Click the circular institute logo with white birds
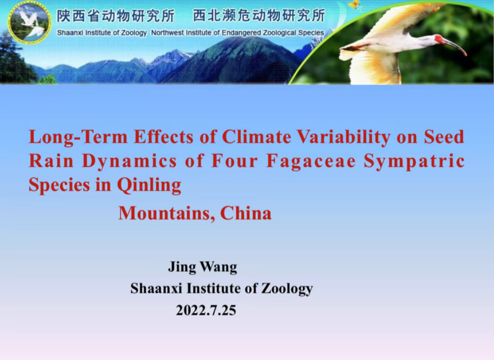click(29, 22)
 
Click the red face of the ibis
click(439, 39)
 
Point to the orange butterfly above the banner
click(354, 4)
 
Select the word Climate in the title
click(256, 137)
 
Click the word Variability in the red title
click(344, 138)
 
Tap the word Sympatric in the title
click(414, 162)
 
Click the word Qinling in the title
click(149, 186)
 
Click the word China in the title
click(246, 214)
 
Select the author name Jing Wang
click(202, 267)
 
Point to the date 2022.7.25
click(206, 311)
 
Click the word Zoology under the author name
click(287, 289)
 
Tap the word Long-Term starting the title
click(78, 138)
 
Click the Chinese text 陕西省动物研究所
click(116, 16)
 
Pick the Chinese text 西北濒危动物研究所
click(259, 15)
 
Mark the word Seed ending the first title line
click(444, 137)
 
